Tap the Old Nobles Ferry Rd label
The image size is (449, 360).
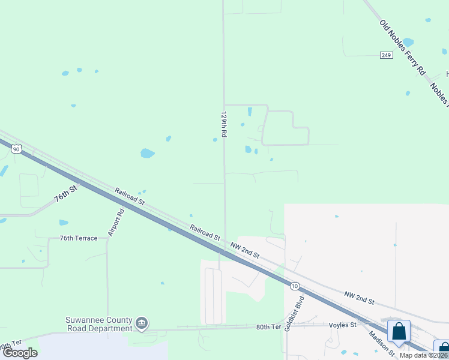[402, 47]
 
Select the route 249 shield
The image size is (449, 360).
[386, 55]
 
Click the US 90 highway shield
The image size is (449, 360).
[17, 149]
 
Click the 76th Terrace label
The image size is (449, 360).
[78, 238]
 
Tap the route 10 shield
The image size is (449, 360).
[294, 286]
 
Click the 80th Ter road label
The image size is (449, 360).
[268, 327]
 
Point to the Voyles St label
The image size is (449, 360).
[343, 325]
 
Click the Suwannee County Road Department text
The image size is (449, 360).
[98, 324]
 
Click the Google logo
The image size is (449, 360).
[20, 352]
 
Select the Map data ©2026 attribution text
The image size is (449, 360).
[423, 355]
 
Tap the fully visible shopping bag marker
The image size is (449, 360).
[399, 331]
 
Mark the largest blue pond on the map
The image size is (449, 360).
[147, 153]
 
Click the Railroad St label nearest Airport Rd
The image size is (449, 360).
[130, 196]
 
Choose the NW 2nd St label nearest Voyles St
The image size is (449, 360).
[359, 297]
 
